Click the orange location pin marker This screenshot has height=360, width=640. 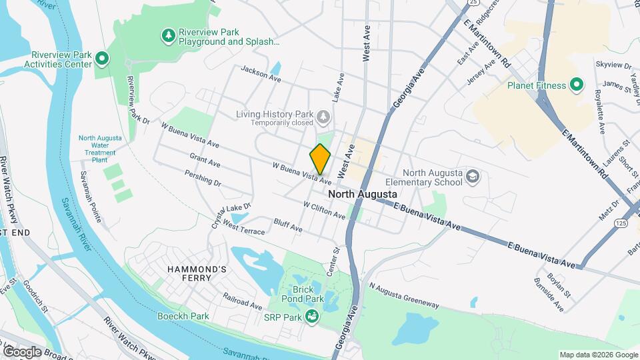coord(320,159)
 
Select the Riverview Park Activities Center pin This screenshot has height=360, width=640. coord(102,60)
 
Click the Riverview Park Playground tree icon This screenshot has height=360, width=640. coord(169,35)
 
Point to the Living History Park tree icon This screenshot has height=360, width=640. coord(323,117)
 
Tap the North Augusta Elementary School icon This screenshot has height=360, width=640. coord(473,177)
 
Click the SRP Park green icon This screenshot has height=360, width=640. coord(311,316)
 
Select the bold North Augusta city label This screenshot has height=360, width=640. coord(363,194)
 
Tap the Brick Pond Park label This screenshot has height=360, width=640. coord(307,295)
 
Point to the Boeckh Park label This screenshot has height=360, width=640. coord(183,316)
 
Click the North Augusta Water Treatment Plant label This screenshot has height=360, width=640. coord(100,149)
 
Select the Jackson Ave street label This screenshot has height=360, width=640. coord(261,73)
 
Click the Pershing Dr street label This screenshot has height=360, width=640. coord(203,177)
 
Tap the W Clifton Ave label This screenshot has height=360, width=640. coord(324,211)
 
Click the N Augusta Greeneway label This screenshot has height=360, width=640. coord(404,297)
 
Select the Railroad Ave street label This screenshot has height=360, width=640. coord(243,300)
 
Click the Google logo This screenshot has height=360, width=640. coord(22,351)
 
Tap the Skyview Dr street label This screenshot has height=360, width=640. coord(613,65)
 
